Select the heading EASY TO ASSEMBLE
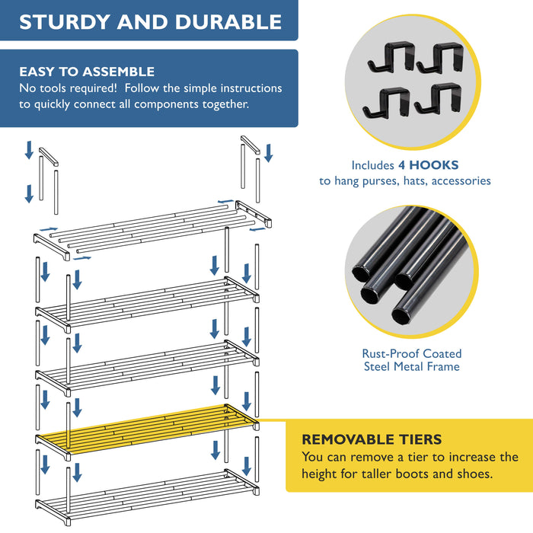pyautogui.click(x=87, y=72)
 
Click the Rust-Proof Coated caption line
pyautogui.click(x=411, y=353)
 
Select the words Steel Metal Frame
pyautogui.click(x=411, y=367)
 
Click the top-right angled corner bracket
pyautogui.click(x=250, y=144)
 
